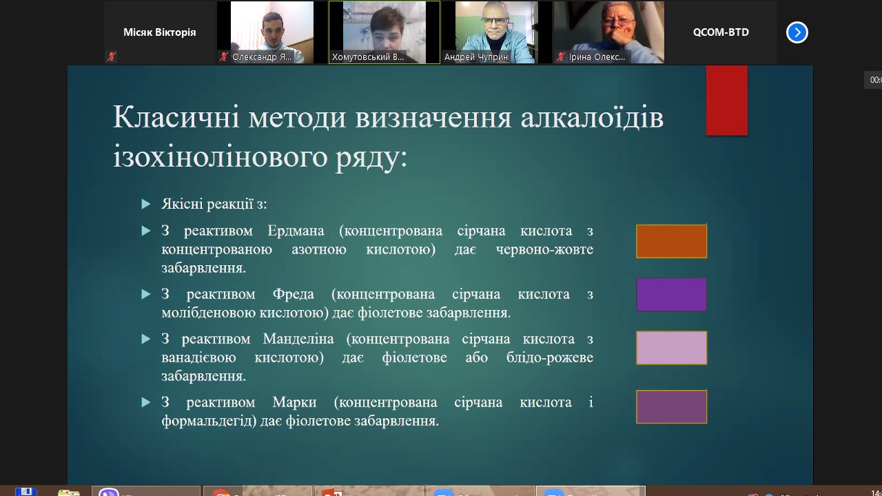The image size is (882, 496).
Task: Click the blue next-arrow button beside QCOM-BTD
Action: click(797, 32)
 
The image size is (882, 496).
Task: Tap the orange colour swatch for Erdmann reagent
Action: click(671, 241)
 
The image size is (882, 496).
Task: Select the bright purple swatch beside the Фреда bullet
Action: click(671, 294)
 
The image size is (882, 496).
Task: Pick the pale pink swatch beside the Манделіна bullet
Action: click(671, 348)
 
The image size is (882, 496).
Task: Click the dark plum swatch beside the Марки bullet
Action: click(671, 406)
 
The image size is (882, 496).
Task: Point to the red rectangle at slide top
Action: click(727, 101)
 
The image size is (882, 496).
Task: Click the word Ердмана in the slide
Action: click(296, 231)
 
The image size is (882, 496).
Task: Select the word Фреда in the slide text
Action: click(294, 294)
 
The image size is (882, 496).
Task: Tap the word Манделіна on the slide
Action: click(298, 339)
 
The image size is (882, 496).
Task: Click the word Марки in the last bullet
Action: click(294, 402)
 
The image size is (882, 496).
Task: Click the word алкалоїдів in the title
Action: click(592, 118)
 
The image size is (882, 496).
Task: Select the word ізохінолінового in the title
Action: click(220, 156)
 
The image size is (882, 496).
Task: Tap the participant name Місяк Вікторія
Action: click(159, 32)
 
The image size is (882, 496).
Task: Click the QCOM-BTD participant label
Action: click(721, 32)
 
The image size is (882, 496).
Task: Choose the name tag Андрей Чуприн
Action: click(476, 57)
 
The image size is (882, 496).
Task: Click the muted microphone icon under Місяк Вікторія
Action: click(112, 56)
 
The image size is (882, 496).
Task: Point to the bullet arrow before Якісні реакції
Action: click(145, 204)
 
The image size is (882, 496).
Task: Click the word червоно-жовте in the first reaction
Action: click(544, 249)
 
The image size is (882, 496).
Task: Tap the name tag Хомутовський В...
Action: click(368, 57)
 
